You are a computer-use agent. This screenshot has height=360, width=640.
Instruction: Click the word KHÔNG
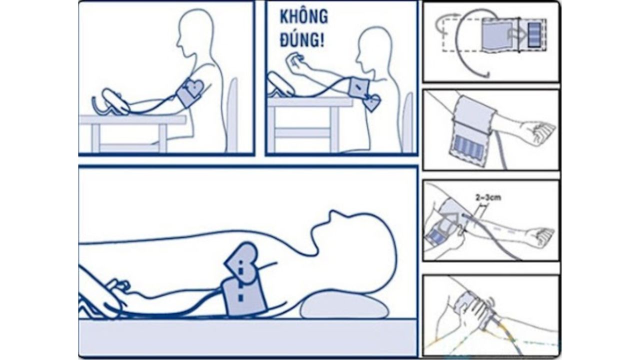(303, 17)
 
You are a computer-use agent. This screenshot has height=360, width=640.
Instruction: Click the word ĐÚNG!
(302, 40)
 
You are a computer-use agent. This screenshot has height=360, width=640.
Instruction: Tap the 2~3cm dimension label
(488, 197)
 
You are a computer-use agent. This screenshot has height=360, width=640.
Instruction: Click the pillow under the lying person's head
(344, 305)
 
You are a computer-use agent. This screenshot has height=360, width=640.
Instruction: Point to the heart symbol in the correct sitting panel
(194, 87)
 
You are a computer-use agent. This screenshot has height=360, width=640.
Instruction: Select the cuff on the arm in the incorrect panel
(359, 86)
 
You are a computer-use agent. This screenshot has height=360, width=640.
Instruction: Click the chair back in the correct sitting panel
(232, 114)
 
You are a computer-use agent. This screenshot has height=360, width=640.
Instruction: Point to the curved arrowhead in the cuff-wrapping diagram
(485, 75)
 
